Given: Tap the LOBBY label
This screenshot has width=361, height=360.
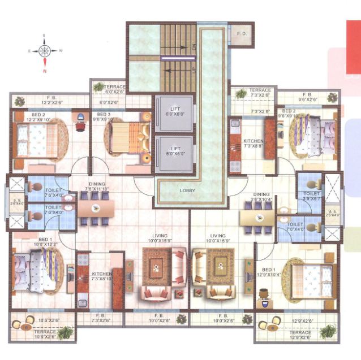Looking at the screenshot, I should click(187, 190).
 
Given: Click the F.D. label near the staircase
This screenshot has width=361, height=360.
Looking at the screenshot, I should click(242, 33).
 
